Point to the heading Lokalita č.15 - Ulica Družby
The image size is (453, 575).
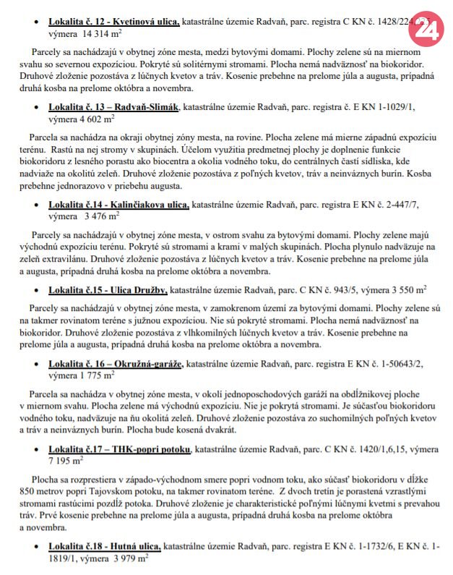(108, 291)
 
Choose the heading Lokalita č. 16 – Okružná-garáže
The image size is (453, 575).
(116, 362)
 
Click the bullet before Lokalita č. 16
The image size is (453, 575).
(37, 363)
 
